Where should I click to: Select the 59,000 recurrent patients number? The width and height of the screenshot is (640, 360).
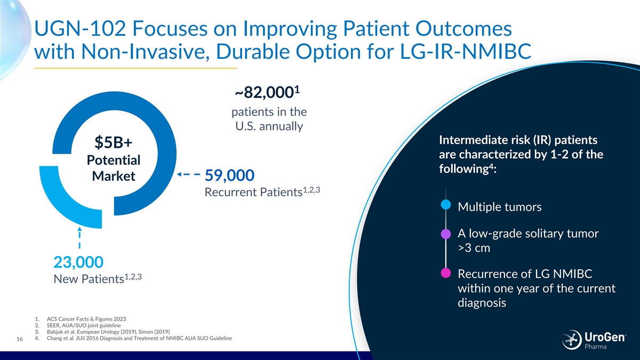[x=230, y=175]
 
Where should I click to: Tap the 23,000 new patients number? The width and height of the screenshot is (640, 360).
[x=78, y=262]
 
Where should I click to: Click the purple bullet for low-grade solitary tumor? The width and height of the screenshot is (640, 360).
[x=446, y=234]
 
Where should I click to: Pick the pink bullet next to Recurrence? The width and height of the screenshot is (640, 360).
[x=446, y=274]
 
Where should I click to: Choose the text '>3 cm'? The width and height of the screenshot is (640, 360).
[x=474, y=249]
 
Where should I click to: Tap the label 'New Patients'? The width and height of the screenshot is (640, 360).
[x=89, y=279]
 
